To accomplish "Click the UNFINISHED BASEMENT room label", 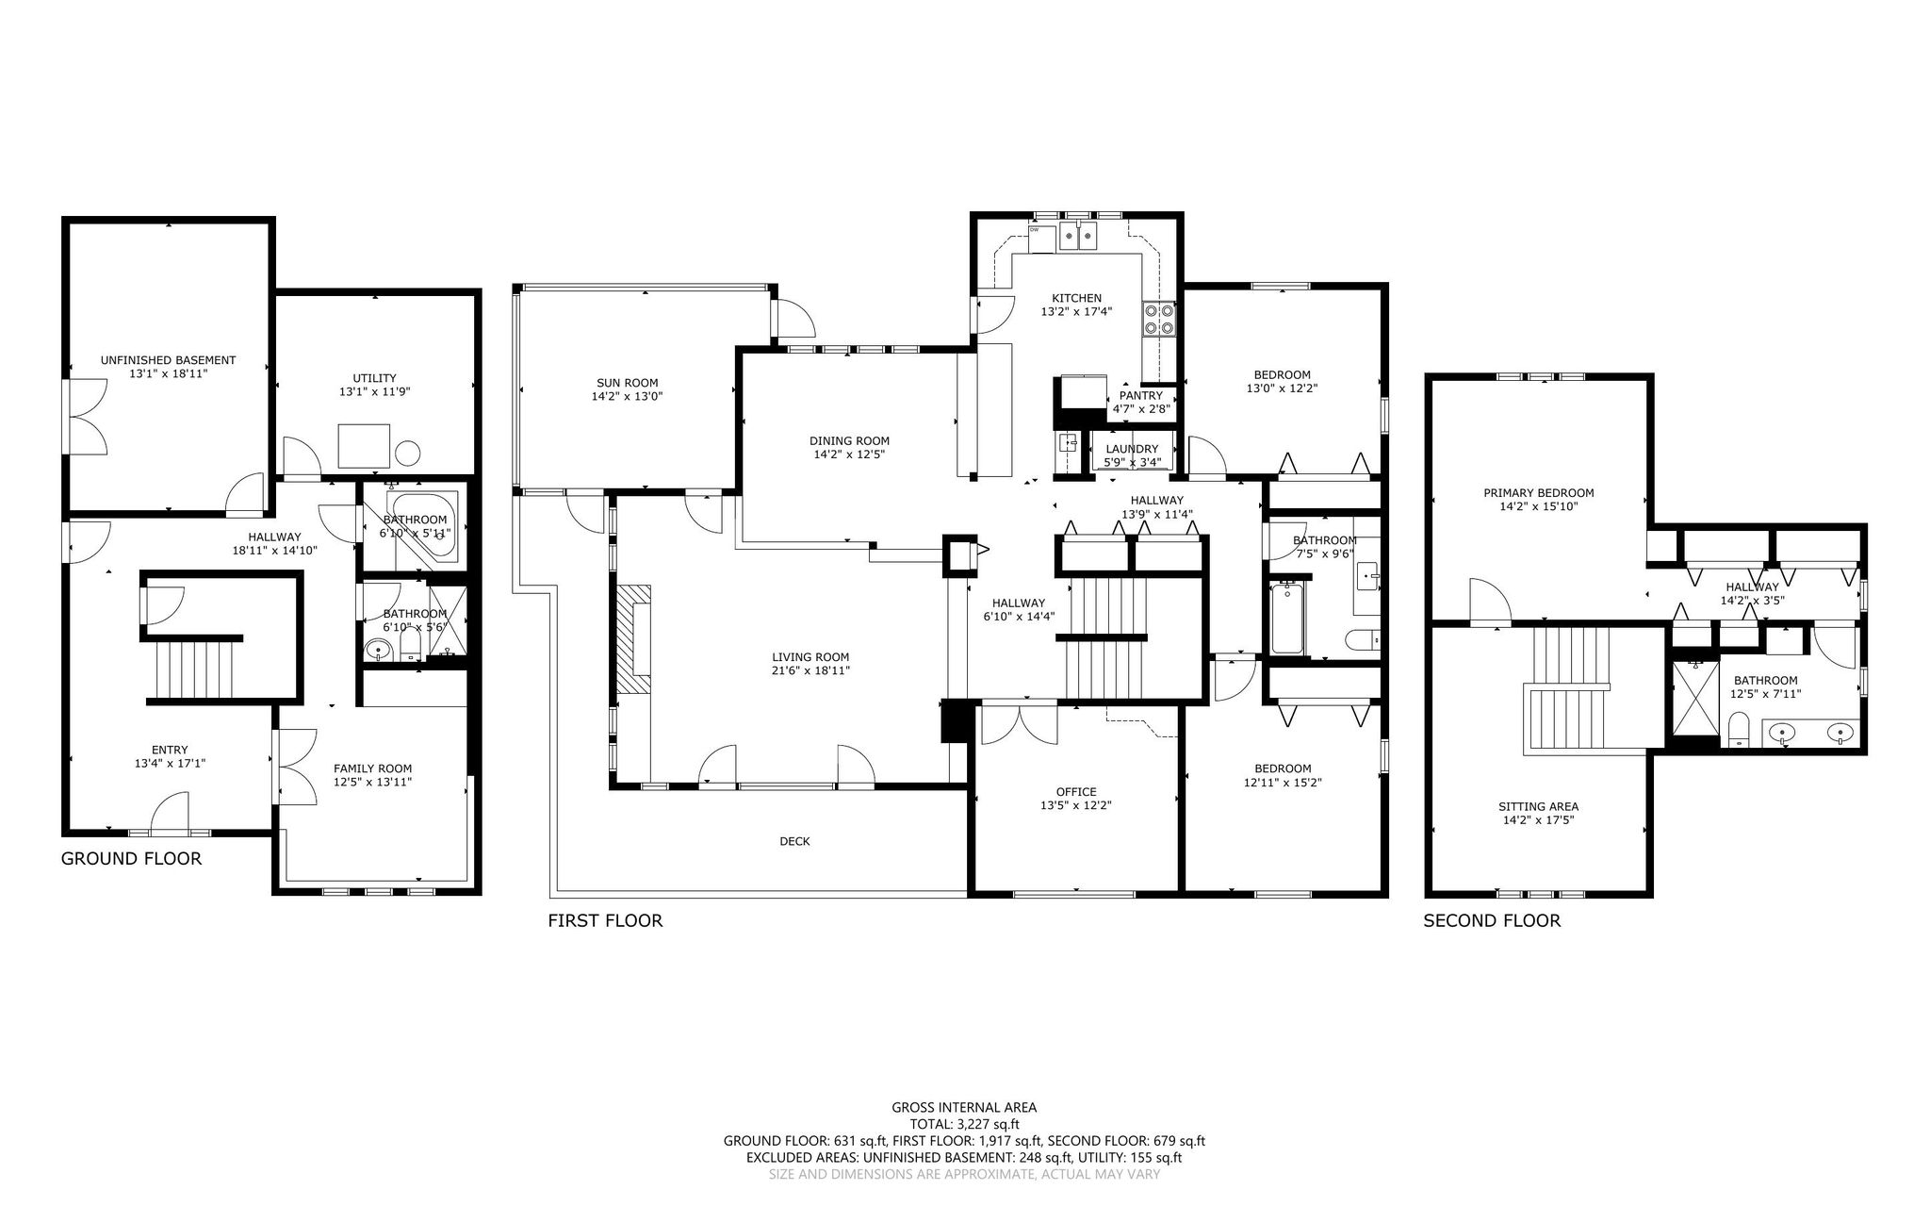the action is coord(168,360).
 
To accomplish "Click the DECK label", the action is coord(794,841).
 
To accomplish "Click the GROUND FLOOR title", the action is coord(131,859).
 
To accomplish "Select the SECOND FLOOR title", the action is coord(1492,920).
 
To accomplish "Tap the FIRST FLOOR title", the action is coord(605,920).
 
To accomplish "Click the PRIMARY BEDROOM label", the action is coord(1538,492).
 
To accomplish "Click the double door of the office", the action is coord(1019,723).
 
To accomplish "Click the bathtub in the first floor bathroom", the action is coord(1287,619).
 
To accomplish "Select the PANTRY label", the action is coord(1141,396).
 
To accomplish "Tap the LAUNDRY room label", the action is coord(1132,449).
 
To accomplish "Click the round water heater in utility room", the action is coord(408,454).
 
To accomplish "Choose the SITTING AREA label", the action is coord(1538,806).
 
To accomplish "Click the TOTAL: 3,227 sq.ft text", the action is coord(964,1124).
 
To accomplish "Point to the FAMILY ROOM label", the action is coord(372,768).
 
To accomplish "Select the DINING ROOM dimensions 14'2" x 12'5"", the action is coord(849,454).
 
